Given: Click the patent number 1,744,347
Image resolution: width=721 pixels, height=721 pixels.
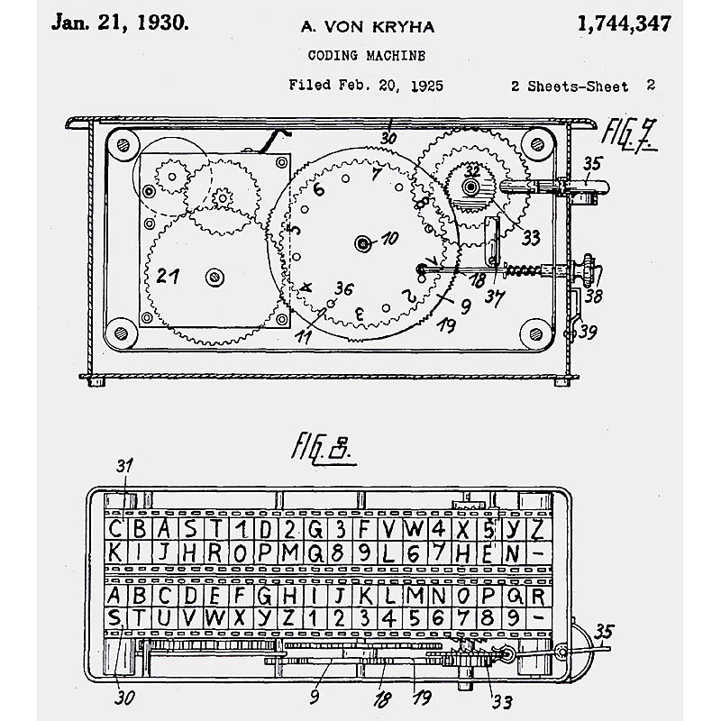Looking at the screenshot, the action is pyautogui.click(x=624, y=24).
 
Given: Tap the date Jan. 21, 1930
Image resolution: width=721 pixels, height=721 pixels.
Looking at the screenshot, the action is pyautogui.click(x=120, y=23).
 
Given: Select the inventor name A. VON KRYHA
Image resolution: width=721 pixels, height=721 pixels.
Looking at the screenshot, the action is pyautogui.click(x=368, y=27).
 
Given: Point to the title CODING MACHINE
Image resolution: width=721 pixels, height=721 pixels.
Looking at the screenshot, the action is pyautogui.click(x=367, y=56).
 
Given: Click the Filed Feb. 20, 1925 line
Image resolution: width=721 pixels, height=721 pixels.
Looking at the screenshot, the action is pyautogui.click(x=366, y=85).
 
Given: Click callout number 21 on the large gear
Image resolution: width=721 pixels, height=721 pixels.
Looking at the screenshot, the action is pyautogui.click(x=168, y=276).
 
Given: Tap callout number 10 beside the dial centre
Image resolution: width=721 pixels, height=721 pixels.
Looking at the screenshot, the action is pyautogui.click(x=389, y=238).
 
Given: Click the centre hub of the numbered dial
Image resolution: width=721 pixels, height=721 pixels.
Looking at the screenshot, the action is pyautogui.click(x=363, y=243).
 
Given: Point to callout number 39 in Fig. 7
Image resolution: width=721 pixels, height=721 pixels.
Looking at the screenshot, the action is pyautogui.click(x=588, y=332).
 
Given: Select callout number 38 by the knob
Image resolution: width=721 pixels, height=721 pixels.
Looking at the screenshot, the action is pyautogui.click(x=593, y=297).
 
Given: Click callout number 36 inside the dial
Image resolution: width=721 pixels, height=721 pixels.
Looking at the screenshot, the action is pyautogui.click(x=344, y=288).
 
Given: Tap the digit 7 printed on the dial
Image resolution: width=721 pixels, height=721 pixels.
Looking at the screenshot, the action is pyautogui.click(x=376, y=174).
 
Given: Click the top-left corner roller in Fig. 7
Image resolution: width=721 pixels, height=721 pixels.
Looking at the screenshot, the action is pyautogui.click(x=123, y=145).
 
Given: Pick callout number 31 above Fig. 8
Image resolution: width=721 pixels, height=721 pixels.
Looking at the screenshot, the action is pyautogui.click(x=124, y=466).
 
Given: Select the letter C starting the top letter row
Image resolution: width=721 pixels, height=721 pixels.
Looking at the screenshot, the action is pyautogui.click(x=114, y=528).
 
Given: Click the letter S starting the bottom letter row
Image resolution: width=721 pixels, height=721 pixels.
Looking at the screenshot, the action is pyautogui.click(x=114, y=617).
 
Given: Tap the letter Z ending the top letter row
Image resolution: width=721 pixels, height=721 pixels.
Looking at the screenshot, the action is pyautogui.click(x=536, y=529).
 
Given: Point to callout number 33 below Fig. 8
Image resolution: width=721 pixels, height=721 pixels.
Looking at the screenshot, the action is pyautogui.click(x=502, y=702).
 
